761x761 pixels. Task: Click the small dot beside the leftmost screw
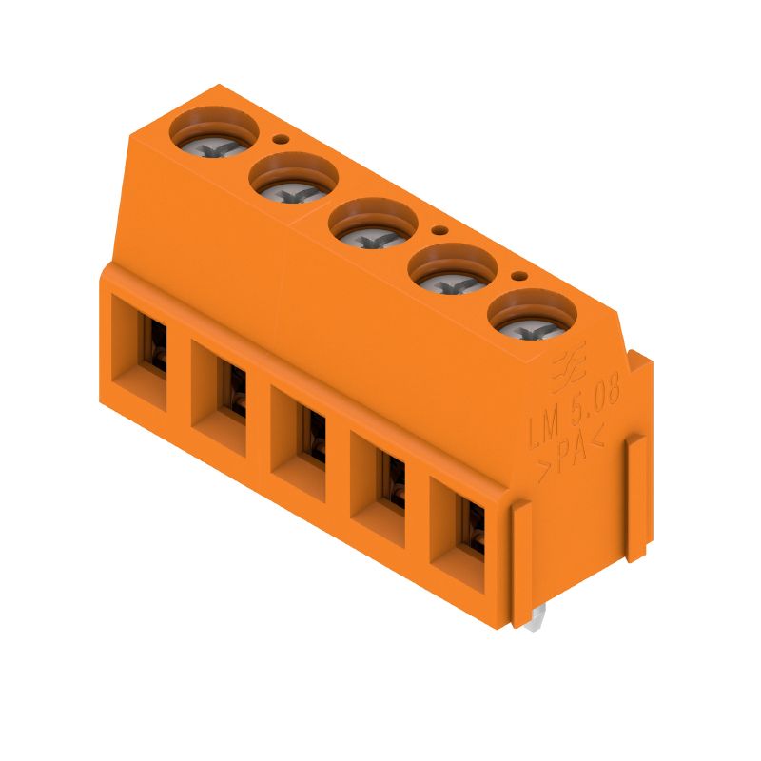281,139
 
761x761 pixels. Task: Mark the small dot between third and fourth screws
439,230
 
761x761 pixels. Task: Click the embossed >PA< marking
571,456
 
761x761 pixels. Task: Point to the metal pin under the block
535,620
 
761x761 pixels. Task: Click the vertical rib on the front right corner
521,562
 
